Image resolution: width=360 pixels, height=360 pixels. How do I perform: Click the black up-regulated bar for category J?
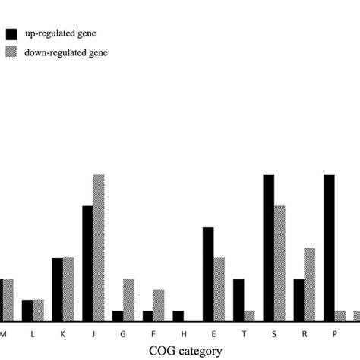pos(87,263)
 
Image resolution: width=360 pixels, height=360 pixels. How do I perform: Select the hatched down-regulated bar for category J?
pos(99,248)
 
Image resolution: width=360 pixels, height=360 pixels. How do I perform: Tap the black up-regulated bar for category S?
pos(269,248)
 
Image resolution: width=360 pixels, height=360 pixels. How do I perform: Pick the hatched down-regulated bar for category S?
pos(279,263)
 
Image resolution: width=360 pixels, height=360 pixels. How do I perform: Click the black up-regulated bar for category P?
pos(329,248)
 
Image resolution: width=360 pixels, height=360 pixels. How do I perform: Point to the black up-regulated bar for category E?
pos(208,273)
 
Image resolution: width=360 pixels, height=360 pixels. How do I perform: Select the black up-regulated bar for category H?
pos(178,315)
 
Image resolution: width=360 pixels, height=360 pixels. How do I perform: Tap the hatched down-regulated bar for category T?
pos(249,315)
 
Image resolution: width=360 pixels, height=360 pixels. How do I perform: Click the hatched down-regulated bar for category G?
pos(128,300)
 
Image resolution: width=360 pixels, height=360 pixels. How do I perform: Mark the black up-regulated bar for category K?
pos(57,289)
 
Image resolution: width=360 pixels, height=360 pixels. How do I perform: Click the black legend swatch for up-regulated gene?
pos(12,34)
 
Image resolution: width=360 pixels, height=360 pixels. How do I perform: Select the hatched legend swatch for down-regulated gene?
pos(12,52)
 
